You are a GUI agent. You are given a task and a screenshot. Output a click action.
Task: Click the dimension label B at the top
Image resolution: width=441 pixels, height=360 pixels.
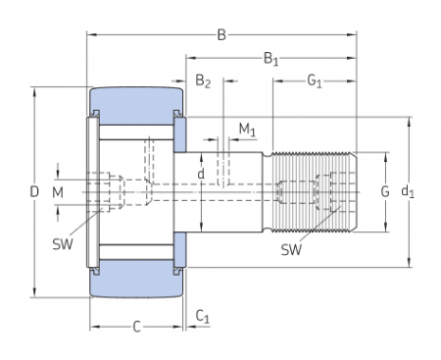pyautogui.click(x=221, y=37)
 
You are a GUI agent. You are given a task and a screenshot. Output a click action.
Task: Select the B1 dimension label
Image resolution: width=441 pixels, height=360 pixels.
pyautogui.click(x=270, y=61)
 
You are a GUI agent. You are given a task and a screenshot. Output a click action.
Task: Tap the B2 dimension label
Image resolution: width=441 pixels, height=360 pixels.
pyautogui.click(x=203, y=81)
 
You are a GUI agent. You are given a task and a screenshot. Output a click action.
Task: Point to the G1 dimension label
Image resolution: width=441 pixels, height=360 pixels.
pyautogui.click(x=314, y=81)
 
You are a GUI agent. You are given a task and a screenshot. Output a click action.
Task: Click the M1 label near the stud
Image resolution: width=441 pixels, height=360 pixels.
pyautogui.click(x=248, y=129)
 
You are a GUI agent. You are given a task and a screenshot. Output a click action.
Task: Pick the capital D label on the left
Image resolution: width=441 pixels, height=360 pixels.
pyautogui.click(x=33, y=192)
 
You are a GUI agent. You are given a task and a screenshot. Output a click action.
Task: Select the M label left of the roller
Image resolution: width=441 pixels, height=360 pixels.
pyautogui.click(x=58, y=191)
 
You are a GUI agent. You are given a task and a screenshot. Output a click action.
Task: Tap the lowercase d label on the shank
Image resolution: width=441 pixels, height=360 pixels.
pyautogui.click(x=201, y=176)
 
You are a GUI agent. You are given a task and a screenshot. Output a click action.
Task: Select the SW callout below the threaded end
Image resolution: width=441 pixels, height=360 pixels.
pyautogui.click(x=291, y=249)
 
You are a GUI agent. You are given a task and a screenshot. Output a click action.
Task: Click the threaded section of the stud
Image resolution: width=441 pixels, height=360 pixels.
pyautogui.click(x=312, y=191)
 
